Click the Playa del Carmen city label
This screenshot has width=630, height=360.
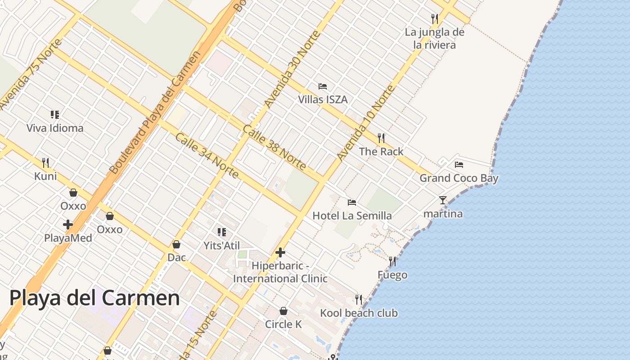tap(94, 298)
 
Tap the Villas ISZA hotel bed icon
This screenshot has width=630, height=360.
tap(322, 86)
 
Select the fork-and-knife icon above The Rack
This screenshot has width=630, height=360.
tap(381, 137)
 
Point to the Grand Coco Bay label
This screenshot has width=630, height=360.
tap(459, 178)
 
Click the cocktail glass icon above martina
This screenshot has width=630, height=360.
tap(443, 200)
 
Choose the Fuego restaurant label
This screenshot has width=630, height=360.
tap(392, 275)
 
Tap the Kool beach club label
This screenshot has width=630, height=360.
tap(359, 313)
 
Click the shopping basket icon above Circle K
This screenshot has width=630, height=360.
tap(283, 311)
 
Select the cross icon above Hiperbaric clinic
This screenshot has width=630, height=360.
tap(280, 252)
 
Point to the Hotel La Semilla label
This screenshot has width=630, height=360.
tap(352, 216)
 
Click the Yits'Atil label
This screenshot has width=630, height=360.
tap(222, 246)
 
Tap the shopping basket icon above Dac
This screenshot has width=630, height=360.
tap(176, 244)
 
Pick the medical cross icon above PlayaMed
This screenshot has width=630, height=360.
tap(68, 225)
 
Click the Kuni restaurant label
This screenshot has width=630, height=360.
tap(45, 176)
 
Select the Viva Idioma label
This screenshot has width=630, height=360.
tap(55, 128)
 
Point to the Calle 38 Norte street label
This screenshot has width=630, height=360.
tap(274, 147)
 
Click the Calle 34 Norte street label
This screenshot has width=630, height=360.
tap(207, 155)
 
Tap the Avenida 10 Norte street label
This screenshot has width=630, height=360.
tap(366, 122)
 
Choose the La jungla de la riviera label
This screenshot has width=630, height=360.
tap(434, 38)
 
